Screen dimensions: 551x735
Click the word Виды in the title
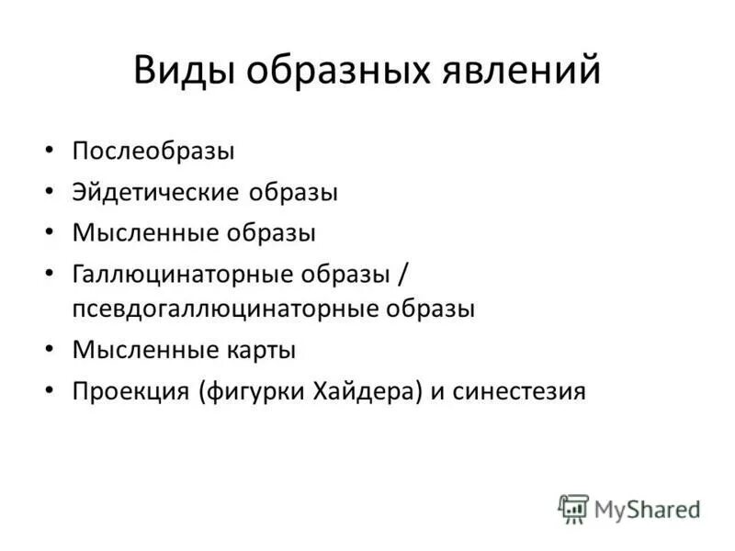(x=181, y=71)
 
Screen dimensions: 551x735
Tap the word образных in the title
(x=334, y=71)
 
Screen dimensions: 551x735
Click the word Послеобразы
(x=153, y=151)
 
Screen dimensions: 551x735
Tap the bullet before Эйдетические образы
(x=50, y=193)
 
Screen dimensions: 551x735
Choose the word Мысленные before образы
(x=143, y=232)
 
